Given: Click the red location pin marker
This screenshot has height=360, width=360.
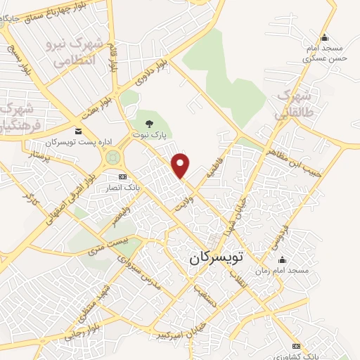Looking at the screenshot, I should point(181,165).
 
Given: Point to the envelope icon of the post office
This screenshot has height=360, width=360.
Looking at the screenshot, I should point(77,131).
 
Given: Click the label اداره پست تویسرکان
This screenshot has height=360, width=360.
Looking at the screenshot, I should point(53,142).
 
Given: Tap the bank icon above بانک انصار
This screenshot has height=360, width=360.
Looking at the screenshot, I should point(123,176).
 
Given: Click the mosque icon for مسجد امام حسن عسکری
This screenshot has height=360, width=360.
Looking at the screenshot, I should point(323,38).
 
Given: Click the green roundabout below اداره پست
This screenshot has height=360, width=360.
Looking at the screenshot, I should point(112,158).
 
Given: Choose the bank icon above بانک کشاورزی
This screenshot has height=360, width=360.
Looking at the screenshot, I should point(296,346).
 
